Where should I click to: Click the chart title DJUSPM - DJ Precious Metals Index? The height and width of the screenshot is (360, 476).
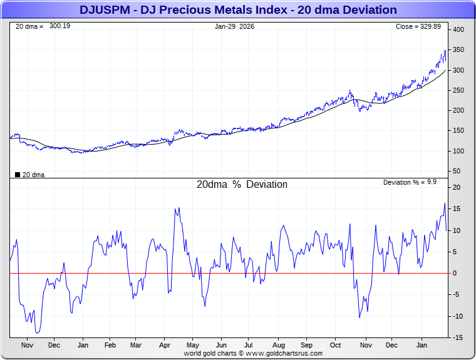click(x=238, y=10)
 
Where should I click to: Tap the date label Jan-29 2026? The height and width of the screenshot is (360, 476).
click(x=234, y=26)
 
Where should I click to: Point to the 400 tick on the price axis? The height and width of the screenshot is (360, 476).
click(x=458, y=30)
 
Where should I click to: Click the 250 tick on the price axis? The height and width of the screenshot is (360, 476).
click(x=458, y=90)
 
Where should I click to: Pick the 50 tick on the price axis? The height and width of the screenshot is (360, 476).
click(x=457, y=171)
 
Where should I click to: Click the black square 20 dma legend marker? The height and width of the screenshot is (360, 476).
click(x=17, y=175)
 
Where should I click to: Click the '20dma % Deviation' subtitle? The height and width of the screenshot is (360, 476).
click(x=242, y=185)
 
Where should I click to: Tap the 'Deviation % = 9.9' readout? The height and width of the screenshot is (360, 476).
click(x=410, y=182)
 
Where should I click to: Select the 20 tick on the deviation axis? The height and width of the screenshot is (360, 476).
click(x=457, y=188)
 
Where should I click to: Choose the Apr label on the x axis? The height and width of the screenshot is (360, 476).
click(x=165, y=345)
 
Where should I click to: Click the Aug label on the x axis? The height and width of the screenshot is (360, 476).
click(x=279, y=345)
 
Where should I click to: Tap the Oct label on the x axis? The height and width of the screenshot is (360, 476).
click(x=336, y=345)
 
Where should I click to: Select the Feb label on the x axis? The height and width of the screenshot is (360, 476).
click(x=110, y=345)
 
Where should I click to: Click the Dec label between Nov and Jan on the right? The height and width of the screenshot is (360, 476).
click(x=392, y=345)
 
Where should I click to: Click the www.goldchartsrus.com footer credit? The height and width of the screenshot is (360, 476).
click(x=253, y=353)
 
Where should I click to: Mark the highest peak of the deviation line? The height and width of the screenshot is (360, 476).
click(x=445, y=203)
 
